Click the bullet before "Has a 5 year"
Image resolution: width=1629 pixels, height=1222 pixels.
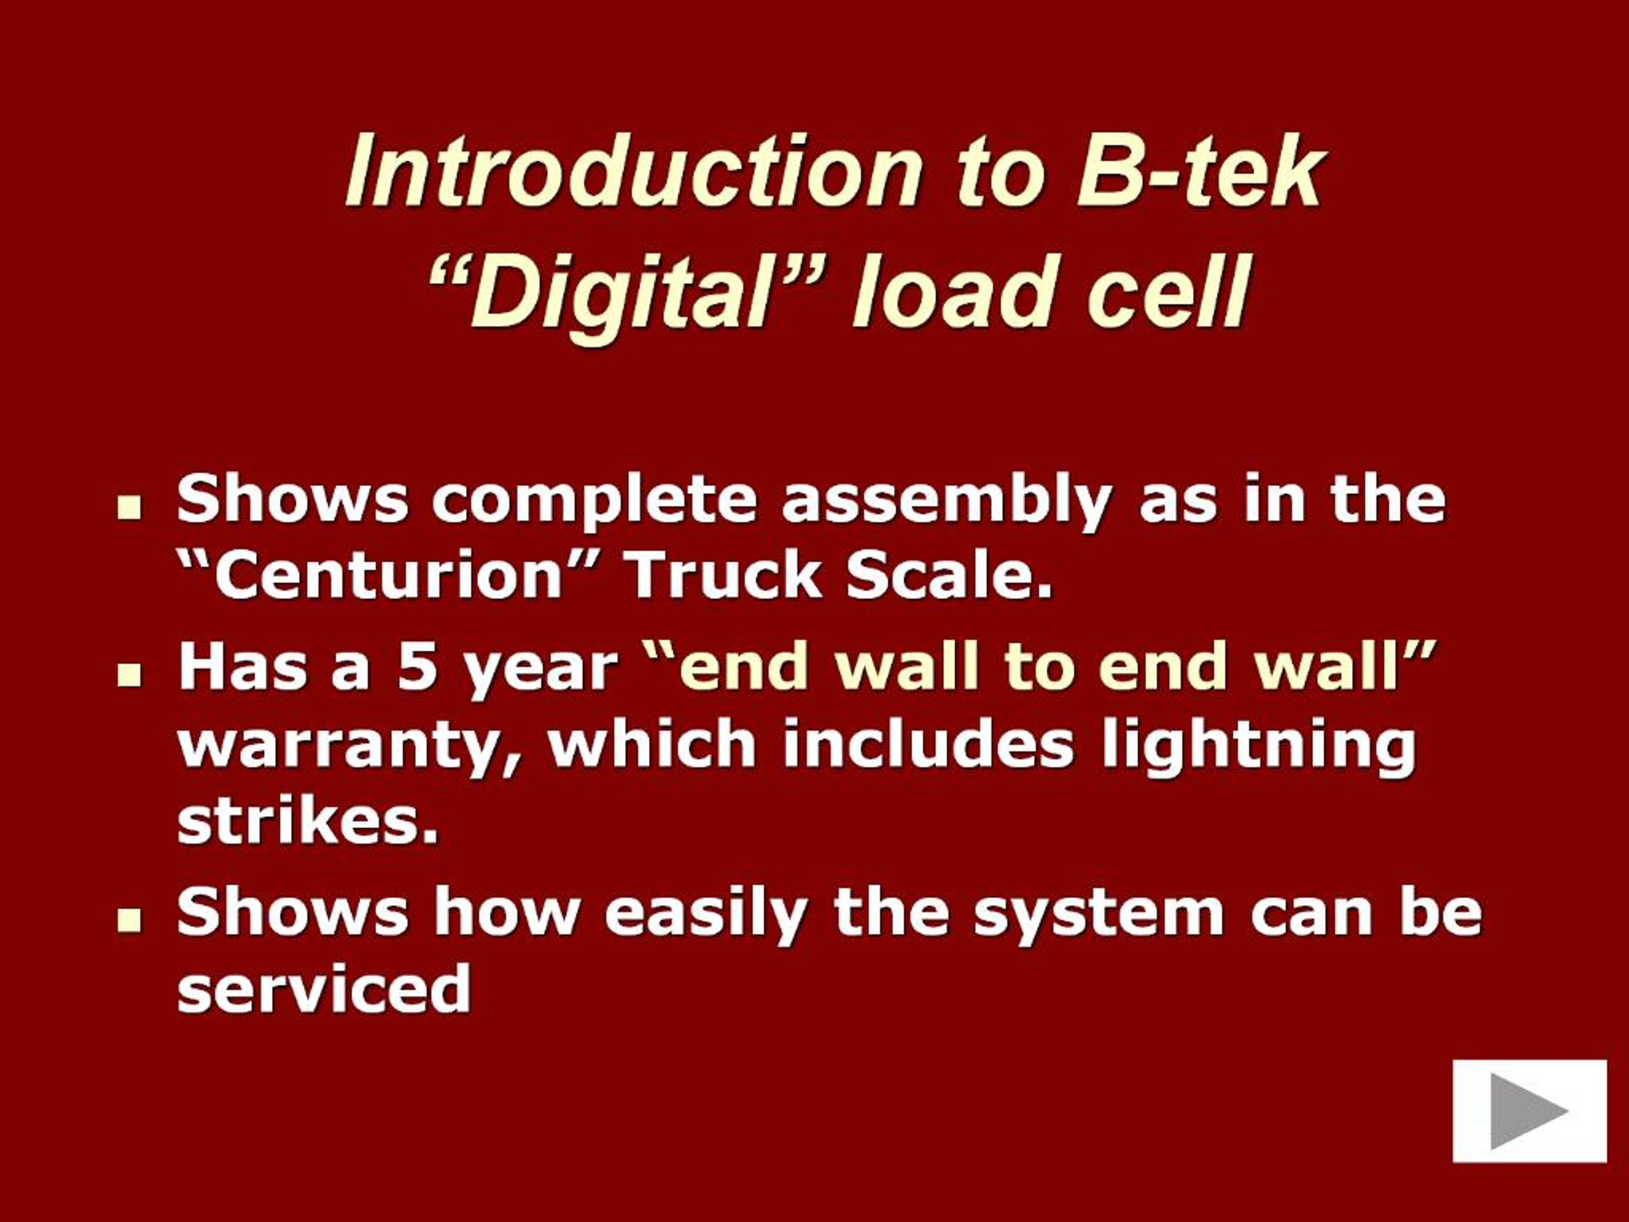[130, 674]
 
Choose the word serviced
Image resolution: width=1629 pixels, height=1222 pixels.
[324, 989]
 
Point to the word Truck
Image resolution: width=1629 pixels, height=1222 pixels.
[722, 575]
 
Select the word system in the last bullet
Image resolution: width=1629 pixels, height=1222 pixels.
[1097, 914]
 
